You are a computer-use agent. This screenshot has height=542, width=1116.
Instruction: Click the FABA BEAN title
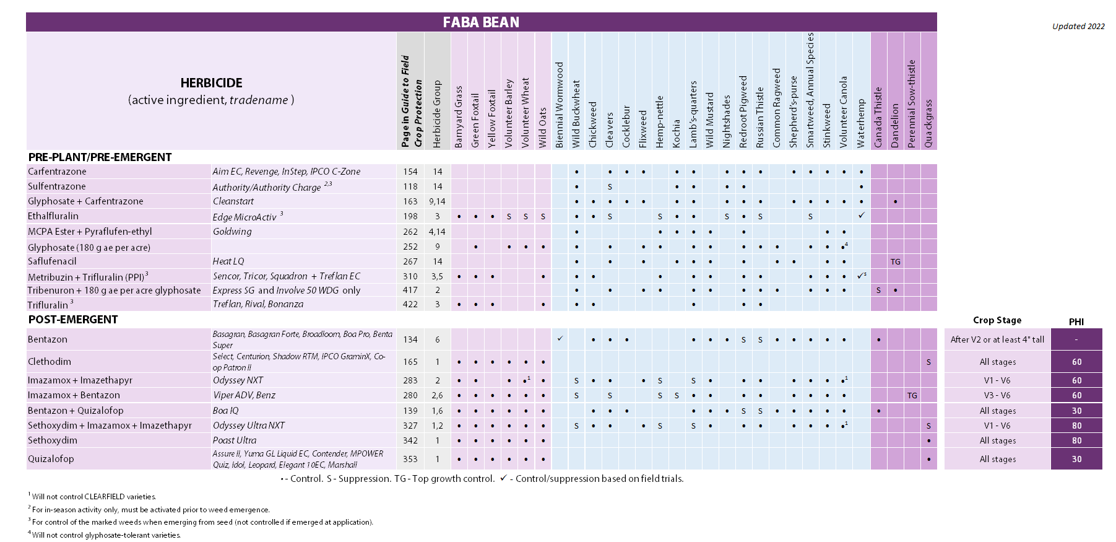pyautogui.click(x=481, y=22)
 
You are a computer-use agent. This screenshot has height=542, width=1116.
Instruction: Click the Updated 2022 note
pyautogui.click(x=1078, y=26)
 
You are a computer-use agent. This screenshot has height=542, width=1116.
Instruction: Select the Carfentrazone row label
pyautogui.click(x=57, y=172)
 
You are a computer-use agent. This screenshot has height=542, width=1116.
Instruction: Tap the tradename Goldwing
pyautogui.click(x=232, y=232)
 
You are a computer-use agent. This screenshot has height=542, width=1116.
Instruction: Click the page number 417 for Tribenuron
pyautogui.click(x=410, y=290)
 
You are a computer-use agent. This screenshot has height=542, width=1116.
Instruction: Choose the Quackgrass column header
pyautogui.click(x=928, y=124)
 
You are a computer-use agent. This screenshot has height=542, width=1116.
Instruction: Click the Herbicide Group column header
pyautogui.click(x=437, y=114)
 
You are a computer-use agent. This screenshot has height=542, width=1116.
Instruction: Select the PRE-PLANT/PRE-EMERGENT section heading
pyautogui.click(x=100, y=157)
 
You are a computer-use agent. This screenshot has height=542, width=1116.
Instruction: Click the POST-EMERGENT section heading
pyautogui.click(x=73, y=320)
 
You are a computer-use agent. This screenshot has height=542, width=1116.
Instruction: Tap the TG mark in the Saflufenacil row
pyautogui.click(x=895, y=262)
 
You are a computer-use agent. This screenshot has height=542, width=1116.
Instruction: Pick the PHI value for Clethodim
pyautogui.click(x=1076, y=362)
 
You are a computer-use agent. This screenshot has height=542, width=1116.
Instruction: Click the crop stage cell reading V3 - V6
pyautogui.click(x=997, y=395)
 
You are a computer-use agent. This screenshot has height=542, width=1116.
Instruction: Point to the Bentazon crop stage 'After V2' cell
pyautogui.click(x=997, y=339)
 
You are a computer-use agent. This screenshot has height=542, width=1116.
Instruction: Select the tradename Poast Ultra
pyautogui.click(x=235, y=440)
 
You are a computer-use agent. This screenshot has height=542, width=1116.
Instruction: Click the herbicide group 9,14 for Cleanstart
pyautogui.click(x=437, y=201)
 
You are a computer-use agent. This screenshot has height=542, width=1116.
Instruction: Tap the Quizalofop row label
pyautogui.click(x=51, y=459)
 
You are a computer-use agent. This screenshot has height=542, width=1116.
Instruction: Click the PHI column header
pyautogui.click(x=1076, y=321)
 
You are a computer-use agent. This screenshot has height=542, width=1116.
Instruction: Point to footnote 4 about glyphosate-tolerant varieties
pyautogui.click(x=106, y=535)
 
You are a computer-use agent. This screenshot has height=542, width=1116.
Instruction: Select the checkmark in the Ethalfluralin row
pyautogui.click(x=861, y=216)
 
